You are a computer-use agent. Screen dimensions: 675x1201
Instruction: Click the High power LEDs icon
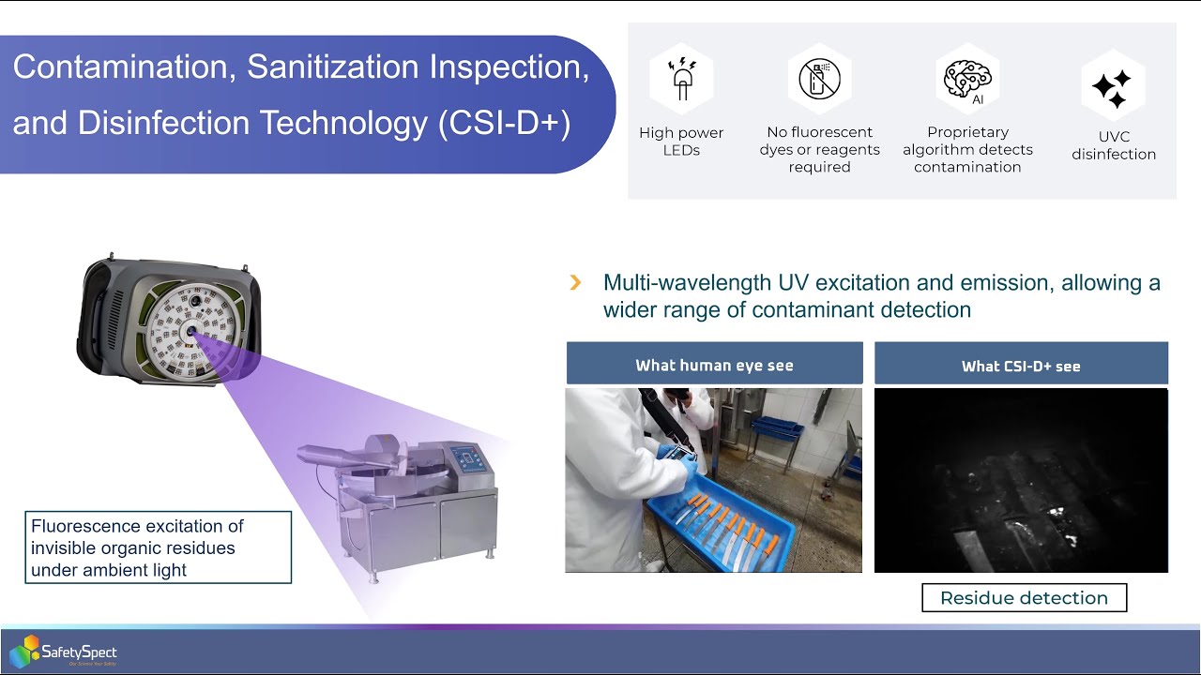(x=681, y=80)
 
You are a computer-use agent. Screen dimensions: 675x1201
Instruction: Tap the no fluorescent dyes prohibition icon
(x=819, y=80)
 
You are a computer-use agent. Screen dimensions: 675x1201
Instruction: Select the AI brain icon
(x=967, y=80)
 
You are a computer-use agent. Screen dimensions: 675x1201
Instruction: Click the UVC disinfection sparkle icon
(x=1112, y=87)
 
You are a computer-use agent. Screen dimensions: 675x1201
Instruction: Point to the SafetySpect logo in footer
(x=64, y=652)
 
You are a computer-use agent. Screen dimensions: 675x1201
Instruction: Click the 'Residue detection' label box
(x=1024, y=598)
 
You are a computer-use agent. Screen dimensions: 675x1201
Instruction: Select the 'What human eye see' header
(x=714, y=365)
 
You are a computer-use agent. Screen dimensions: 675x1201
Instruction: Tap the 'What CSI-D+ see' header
(x=1021, y=366)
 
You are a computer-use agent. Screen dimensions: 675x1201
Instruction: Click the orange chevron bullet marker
(x=576, y=282)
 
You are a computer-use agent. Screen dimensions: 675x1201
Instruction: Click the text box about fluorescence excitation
(x=158, y=547)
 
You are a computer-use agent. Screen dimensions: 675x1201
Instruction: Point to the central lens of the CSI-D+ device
(x=191, y=331)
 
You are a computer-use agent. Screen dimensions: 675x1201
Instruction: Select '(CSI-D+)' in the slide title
(x=504, y=124)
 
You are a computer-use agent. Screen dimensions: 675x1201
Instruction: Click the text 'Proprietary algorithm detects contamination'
(x=967, y=150)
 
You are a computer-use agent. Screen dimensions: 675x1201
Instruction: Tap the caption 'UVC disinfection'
(x=1113, y=145)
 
